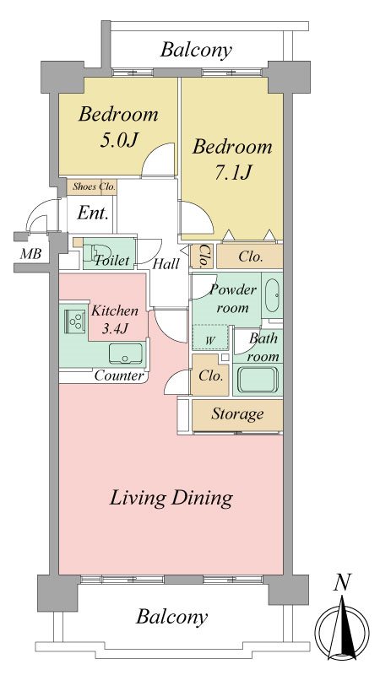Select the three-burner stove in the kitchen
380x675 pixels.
tap(74, 321)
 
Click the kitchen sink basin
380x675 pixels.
tap(125, 353)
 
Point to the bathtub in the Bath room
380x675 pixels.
tap(258, 379)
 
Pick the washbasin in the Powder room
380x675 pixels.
tap(272, 296)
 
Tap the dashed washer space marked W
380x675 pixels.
tap(209, 337)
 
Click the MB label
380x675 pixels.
tap(31, 254)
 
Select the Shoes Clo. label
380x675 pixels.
tap(94, 186)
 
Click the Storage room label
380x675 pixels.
tap(237, 414)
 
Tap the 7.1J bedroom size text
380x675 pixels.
tap(233, 173)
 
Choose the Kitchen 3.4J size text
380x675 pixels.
tap(115, 319)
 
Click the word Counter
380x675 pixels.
tap(119, 375)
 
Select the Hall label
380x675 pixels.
tap(166, 263)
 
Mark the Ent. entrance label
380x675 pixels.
tap(93, 213)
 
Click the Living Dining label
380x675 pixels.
tap(171, 499)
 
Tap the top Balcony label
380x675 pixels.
tap(196, 50)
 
